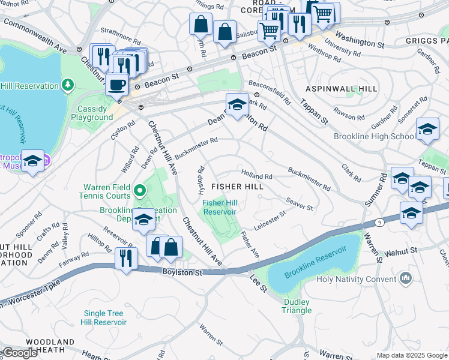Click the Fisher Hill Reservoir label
220,207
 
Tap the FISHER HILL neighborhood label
237,187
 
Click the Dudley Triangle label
297,306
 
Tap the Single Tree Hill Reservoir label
104,317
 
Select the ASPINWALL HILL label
342,89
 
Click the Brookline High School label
374,136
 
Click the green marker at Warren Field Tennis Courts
140,191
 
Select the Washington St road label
360,40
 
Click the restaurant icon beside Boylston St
126,258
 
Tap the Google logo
19,353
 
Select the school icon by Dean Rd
237,104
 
